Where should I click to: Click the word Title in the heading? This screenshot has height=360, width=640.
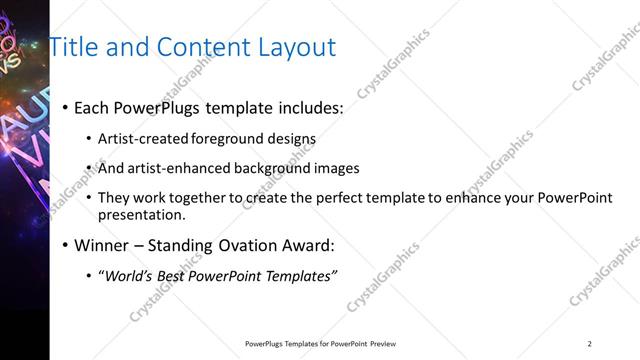click(74, 47)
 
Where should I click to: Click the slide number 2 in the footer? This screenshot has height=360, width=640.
click(590, 344)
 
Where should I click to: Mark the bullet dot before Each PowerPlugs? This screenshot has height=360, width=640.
click(65, 108)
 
